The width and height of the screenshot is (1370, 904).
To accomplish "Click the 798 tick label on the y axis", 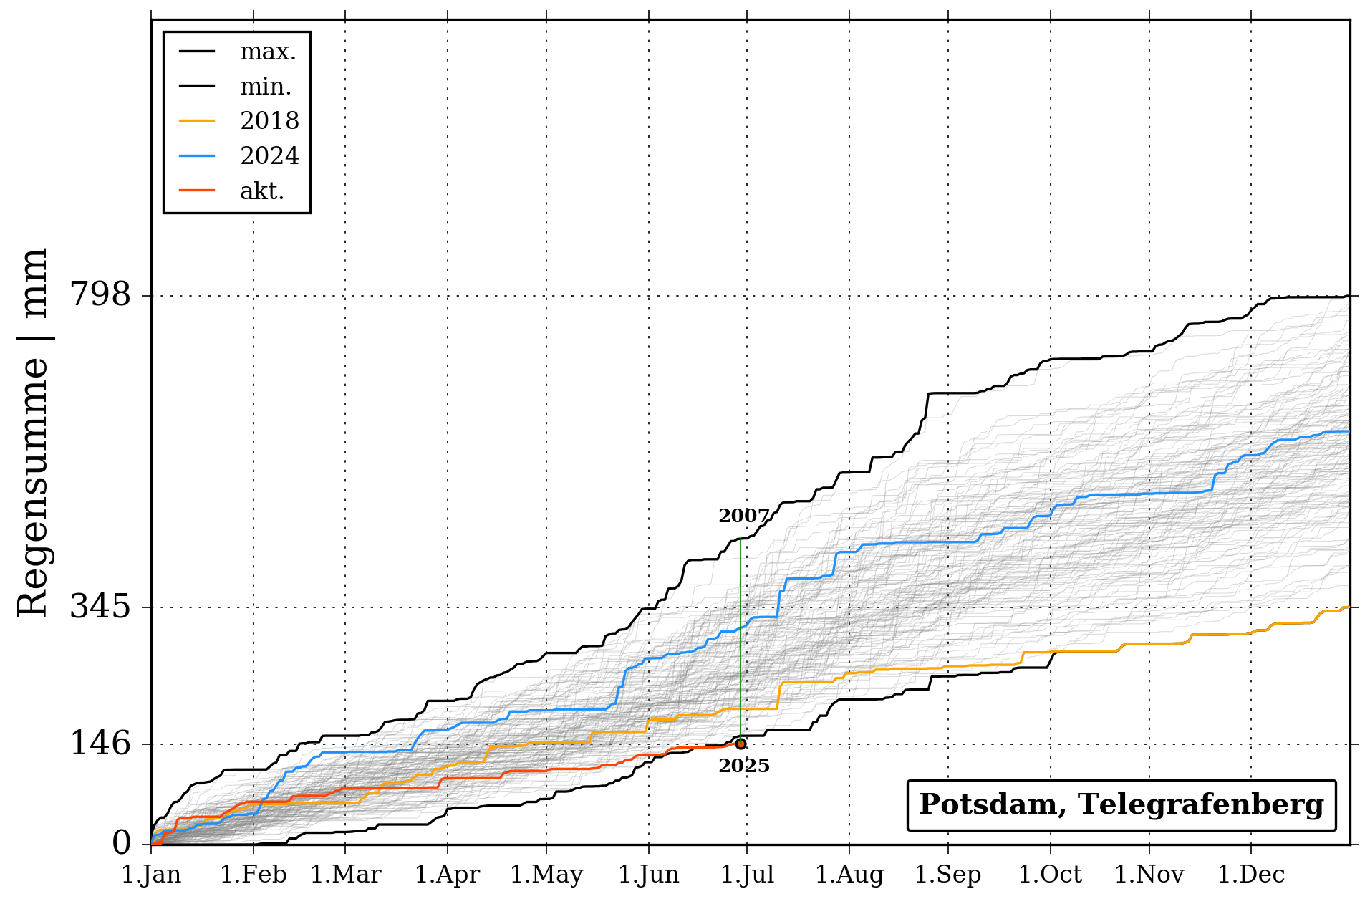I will coord(100,294).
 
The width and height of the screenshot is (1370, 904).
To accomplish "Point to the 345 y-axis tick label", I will coord(100,607).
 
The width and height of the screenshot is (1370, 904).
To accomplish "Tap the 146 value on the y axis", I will coord(100,744).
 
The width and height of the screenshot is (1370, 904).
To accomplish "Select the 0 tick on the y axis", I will coord(122,844).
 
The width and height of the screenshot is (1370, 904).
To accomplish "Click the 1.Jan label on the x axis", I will coord(151,875).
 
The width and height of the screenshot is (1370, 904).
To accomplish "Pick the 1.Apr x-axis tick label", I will coord(448,875).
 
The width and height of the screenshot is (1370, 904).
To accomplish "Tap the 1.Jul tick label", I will coord(747,875).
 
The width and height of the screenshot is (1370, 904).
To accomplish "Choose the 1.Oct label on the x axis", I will coord(1050,875).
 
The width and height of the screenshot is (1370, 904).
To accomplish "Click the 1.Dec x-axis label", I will coord(1251,875).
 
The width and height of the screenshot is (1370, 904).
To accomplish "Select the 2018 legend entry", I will coord(269,120).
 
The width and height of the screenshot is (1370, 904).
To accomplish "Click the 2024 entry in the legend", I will coord(269,155).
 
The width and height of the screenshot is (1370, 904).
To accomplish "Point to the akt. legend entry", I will coord(262,191).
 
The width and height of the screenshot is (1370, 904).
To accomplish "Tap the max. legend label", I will coord(268,52).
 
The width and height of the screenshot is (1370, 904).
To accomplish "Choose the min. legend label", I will coord(266,87).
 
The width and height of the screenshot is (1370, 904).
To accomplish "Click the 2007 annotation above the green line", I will coord(743,516).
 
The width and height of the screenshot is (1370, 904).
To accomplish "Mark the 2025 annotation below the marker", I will coord(744,766).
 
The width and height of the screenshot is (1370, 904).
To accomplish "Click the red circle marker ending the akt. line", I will coord(741,744).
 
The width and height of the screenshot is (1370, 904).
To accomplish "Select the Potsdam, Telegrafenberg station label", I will coord(1121,804).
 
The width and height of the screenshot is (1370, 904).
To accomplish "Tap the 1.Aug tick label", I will coord(849,875).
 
